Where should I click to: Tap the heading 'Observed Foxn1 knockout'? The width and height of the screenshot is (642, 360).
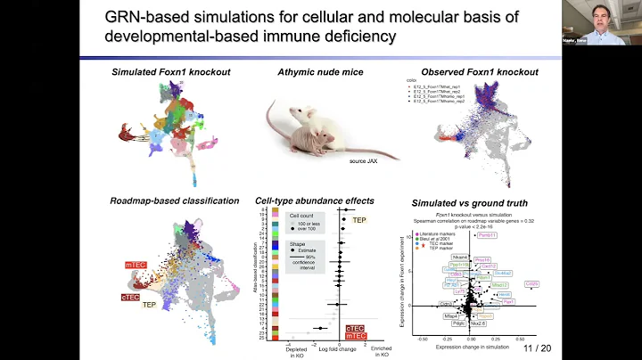[474, 71]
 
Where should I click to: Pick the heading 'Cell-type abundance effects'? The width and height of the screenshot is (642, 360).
[315, 200]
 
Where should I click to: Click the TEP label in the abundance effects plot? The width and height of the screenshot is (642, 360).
[361, 219]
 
